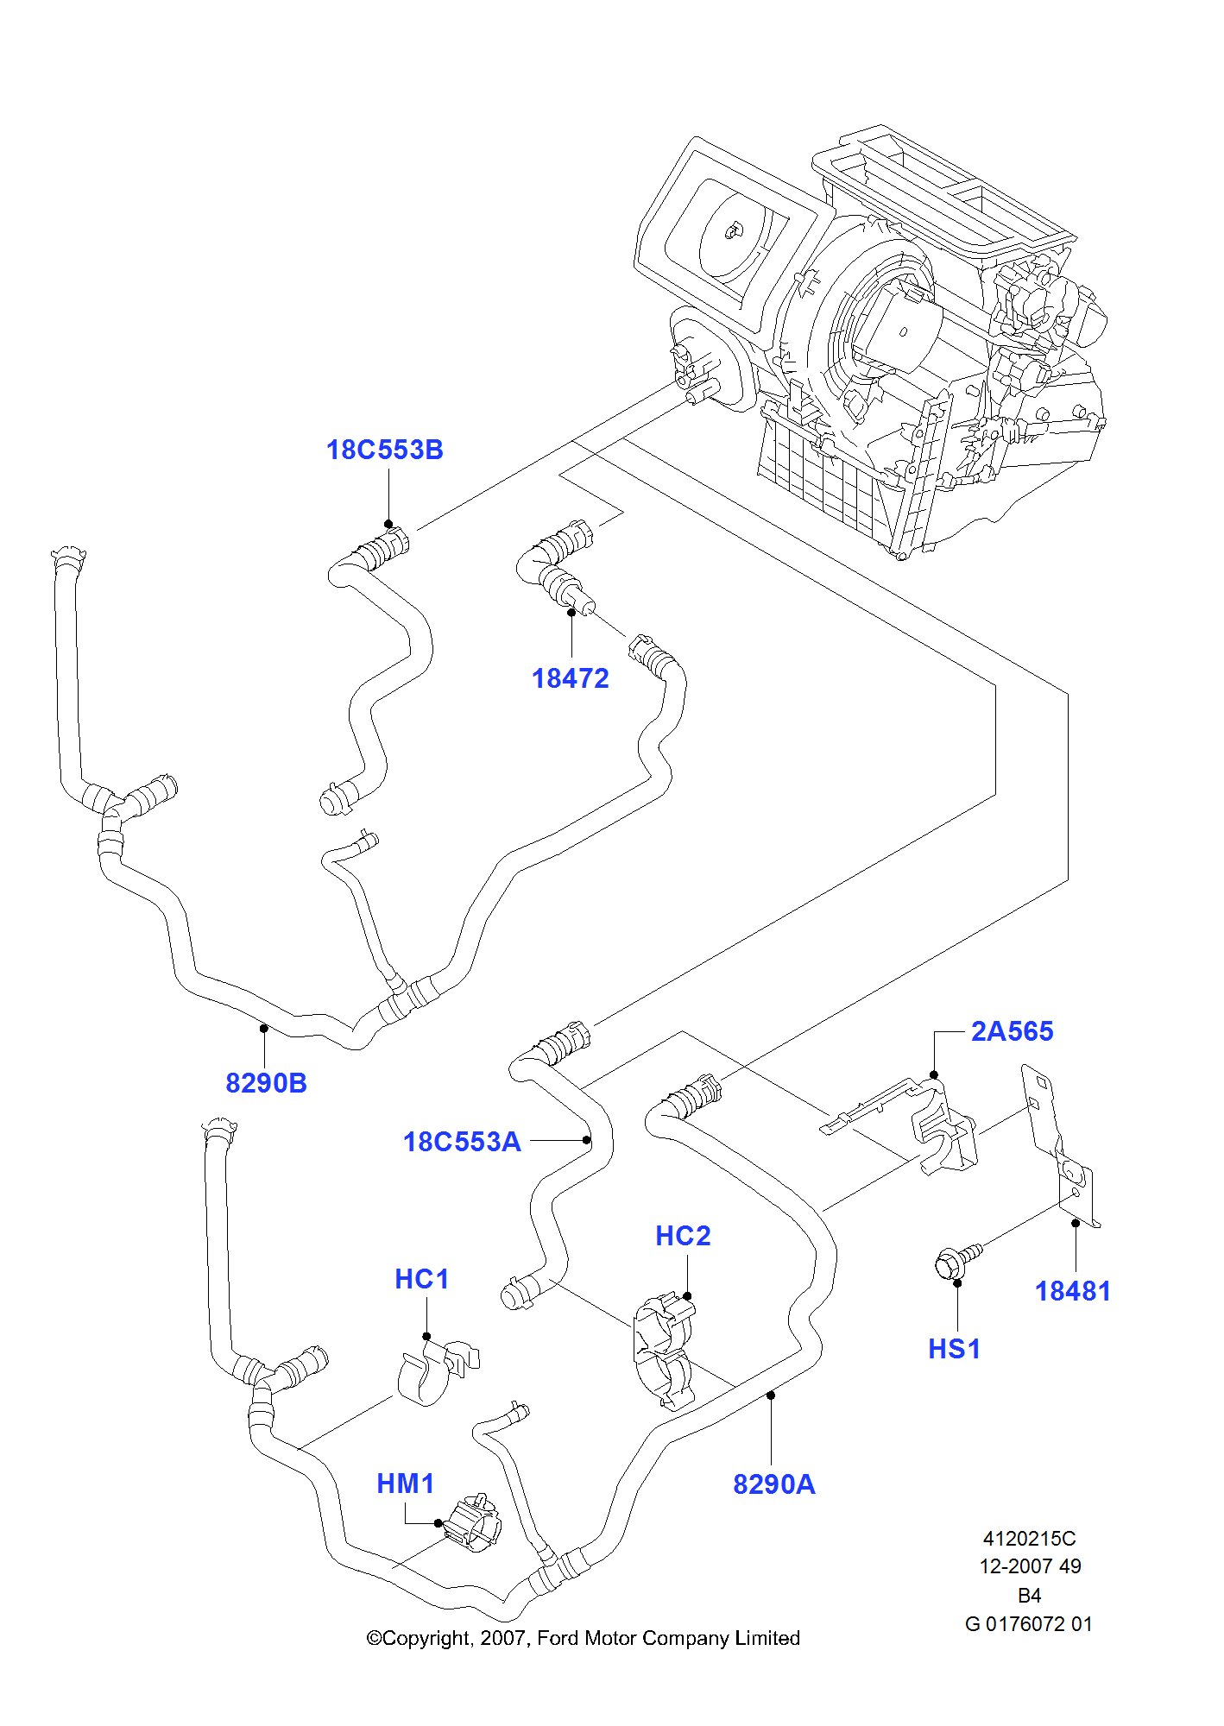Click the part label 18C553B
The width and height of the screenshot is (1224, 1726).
click(384, 450)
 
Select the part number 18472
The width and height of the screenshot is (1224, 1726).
click(570, 679)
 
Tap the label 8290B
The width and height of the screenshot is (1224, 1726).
click(266, 1083)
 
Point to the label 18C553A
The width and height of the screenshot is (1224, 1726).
click(462, 1142)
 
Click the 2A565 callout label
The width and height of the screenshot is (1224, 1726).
click(1012, 1031)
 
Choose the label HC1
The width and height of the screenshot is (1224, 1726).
click(422, 1279)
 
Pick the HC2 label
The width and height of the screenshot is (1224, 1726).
click(683, 1236)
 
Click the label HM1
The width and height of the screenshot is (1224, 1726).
click(405, 1483)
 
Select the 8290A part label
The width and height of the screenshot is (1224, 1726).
click(773, 1484)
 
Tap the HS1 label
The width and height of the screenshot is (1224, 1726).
click(955, 1349)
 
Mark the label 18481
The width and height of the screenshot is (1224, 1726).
click(1072, 1292)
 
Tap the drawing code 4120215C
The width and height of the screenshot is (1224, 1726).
click(1029, 1538)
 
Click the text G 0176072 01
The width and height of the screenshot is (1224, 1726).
click(1028, 1623)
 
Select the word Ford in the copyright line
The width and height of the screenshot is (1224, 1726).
click(558, 1638)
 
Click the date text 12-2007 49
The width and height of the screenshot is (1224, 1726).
click(1029, 1566)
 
